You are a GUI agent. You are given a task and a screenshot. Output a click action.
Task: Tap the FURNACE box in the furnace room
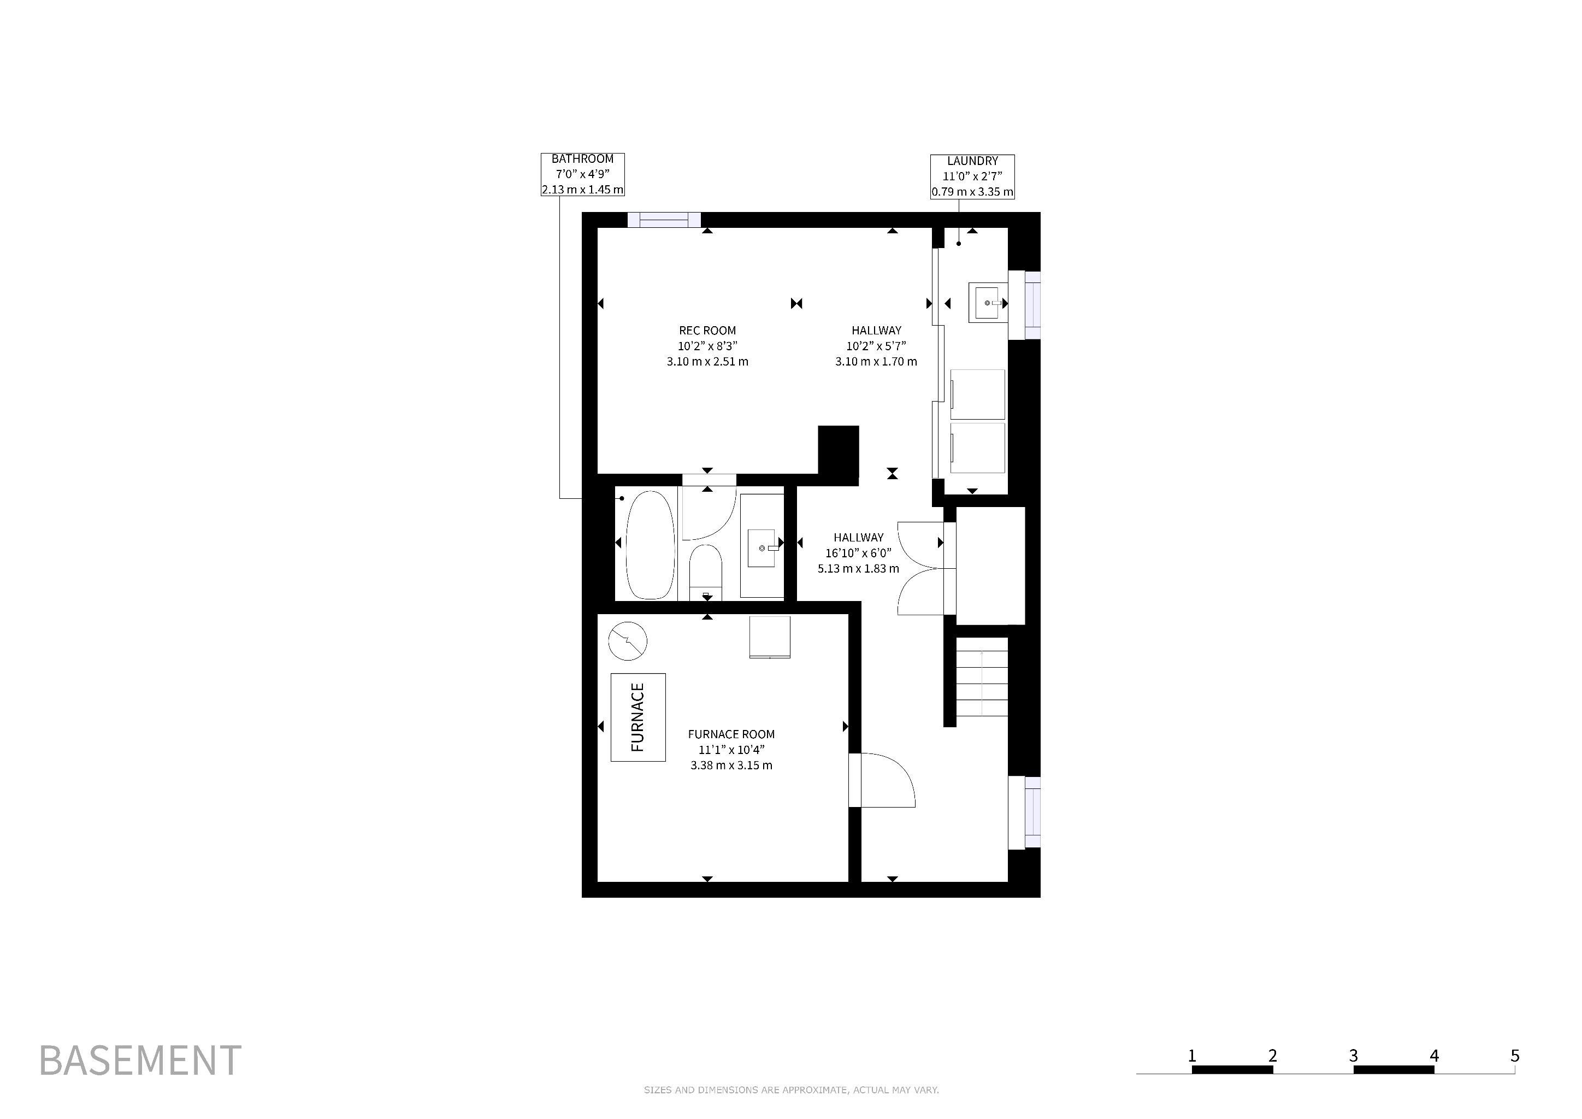(x=638, y=717)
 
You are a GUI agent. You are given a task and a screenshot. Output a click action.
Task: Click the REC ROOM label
(x=707, y=331)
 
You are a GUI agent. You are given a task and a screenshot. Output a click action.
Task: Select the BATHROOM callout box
(x=582, y=174)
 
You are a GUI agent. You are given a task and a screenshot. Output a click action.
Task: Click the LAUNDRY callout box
(x=972, y=176)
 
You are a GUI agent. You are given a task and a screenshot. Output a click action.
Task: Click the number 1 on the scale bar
(x=1191, y=1055)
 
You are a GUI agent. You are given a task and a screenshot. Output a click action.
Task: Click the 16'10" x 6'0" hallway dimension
(x=859, y=552)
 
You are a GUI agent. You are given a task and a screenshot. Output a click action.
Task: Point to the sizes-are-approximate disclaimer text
(x=791, y=1090)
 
